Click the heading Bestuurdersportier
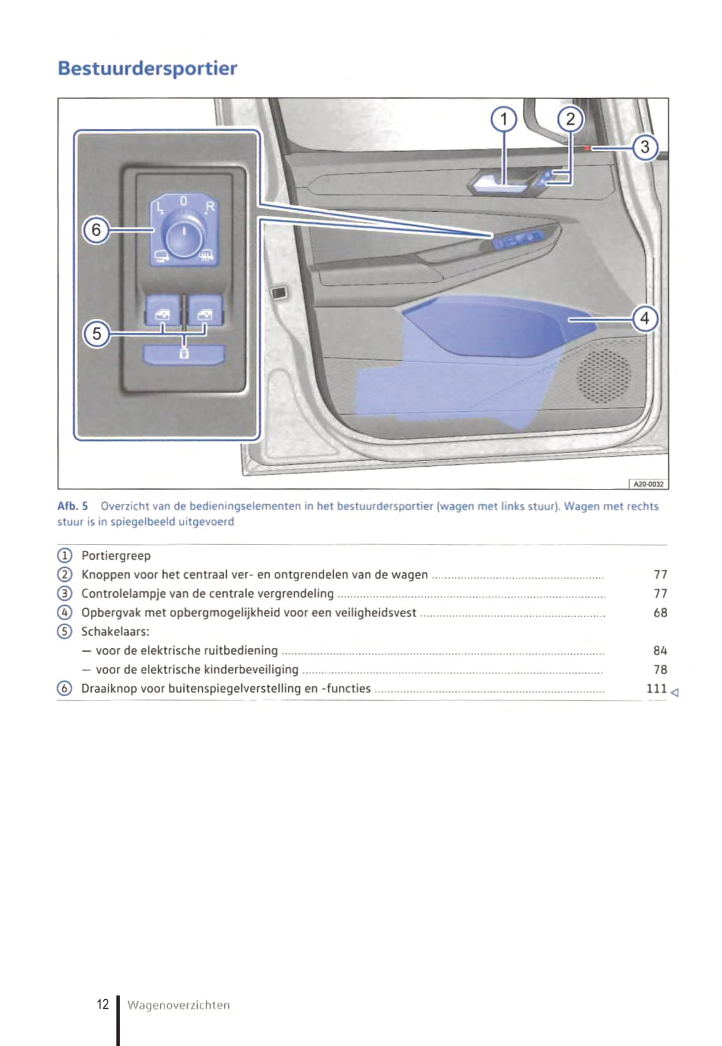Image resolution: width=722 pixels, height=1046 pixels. click(147, 68)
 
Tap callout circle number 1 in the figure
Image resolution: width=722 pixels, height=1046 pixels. click(504, 119)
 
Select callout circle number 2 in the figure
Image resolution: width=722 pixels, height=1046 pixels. click(570, 119)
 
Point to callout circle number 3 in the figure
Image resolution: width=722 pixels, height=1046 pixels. click(645, 147)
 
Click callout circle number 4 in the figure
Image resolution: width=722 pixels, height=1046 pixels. click(645, 318)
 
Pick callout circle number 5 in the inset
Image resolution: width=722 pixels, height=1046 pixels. click(97, 333)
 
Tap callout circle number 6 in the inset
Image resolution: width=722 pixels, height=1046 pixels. click(97, 229)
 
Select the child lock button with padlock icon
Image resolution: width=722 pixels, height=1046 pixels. click(184, 354)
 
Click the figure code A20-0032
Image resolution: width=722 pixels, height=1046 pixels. click(649, 484)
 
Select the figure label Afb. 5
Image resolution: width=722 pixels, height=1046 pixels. click(73, 506)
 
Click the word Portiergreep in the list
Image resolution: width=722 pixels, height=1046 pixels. click(116, 556)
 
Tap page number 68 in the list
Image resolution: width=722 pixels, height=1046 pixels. click(660, 612)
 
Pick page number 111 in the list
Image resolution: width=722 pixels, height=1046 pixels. click(656, 688)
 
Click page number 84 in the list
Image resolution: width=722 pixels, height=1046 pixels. click(660, 650)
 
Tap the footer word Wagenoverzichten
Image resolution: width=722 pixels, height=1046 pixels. click(178, 1005)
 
